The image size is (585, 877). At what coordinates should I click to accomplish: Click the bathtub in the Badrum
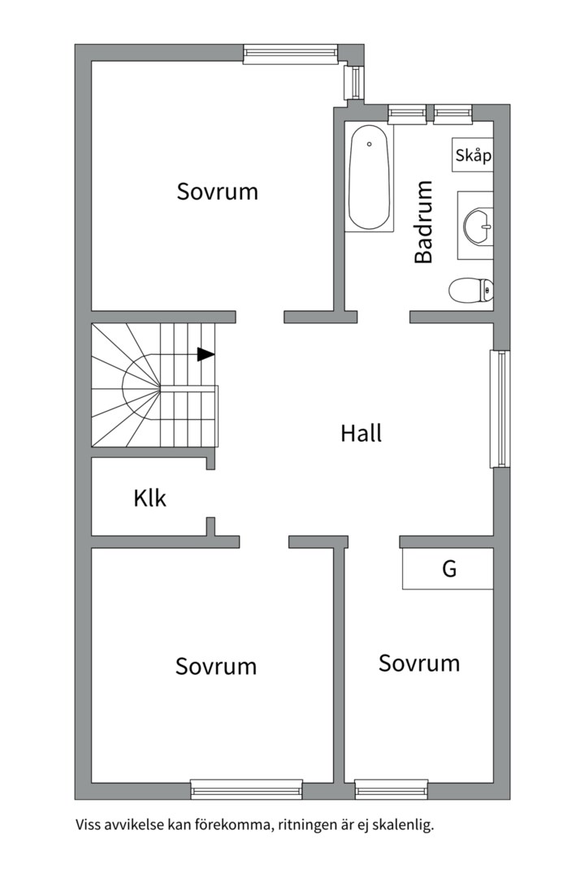(369, 177)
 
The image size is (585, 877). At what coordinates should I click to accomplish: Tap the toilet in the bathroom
(470, 290)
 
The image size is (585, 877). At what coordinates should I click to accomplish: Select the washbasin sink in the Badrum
(478, 226)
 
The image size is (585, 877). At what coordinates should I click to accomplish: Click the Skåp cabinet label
(473, 155)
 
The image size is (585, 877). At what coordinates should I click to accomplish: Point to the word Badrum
(424, 222)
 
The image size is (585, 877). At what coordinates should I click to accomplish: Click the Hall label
(361, 434)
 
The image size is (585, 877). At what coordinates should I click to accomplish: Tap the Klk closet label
(150, 498)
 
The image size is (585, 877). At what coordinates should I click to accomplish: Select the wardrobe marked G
(448, 568)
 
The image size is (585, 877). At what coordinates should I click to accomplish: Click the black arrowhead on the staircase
(206, 354)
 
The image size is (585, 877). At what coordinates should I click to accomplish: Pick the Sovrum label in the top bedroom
(217, 192)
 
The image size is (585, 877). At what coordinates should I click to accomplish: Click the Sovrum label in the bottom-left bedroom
(216, 666)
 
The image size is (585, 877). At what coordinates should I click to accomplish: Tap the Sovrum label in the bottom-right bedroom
(419, 663)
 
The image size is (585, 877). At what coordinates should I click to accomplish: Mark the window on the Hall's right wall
(500, 408)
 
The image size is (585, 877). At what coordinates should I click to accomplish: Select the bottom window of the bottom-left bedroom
(246, 789)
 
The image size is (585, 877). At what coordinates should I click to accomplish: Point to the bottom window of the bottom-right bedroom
(392, 789)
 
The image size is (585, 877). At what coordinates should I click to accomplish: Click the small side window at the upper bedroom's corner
(354, 82)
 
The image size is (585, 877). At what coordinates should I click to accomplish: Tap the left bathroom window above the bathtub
(407, 114)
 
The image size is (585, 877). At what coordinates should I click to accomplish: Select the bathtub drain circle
(370, 145)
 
